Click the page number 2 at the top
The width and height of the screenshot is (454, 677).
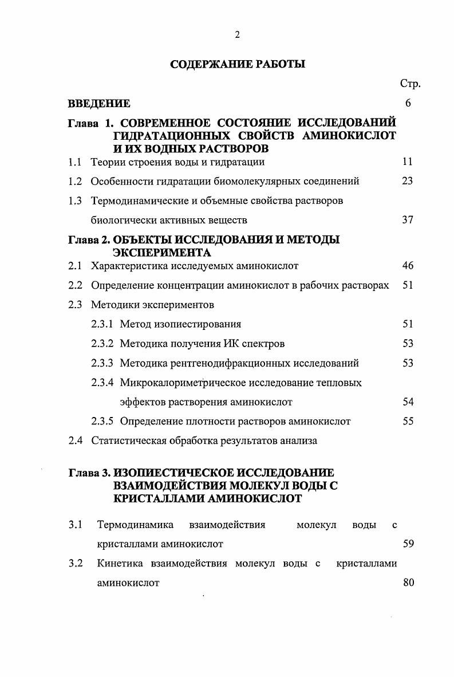(x=237, y=36)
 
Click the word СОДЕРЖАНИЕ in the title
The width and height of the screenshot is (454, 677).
(x=207, y=64)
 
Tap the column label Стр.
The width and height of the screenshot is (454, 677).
(x=410, y=84)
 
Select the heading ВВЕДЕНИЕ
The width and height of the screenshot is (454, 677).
(x=99, y=104)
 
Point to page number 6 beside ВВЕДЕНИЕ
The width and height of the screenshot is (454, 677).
(x=408, y=104)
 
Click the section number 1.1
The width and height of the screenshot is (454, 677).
(x=75, y=162)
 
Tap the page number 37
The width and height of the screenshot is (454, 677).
(x=408, y=220)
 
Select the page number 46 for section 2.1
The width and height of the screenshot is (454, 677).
(x=408, y=266)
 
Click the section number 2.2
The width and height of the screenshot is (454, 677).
(x=75, y=285)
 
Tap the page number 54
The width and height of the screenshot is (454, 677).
(x=408, y=402)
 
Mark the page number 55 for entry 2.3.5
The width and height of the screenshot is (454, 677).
(x=408, y=422)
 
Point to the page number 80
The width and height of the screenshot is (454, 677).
(x=408, y=583)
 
